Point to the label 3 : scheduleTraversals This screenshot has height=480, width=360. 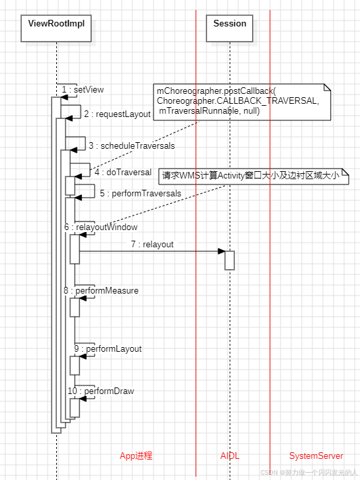(x=132, y=145)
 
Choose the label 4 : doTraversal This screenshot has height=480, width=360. (x=123, y=172)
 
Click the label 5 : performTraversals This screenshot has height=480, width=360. (x=140, y=194)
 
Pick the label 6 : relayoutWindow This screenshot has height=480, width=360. (x=101, y=227)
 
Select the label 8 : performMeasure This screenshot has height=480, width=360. (x=101, y=290)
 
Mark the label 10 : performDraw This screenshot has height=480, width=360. (x=101, y=391)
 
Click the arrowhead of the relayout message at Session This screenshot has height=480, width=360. (x=222, y=251)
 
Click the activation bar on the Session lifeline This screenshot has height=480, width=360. (x=230, y=260)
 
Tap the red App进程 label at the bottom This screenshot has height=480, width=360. (x=136, y=456)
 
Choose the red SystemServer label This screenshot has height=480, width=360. (x=316, y=456)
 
